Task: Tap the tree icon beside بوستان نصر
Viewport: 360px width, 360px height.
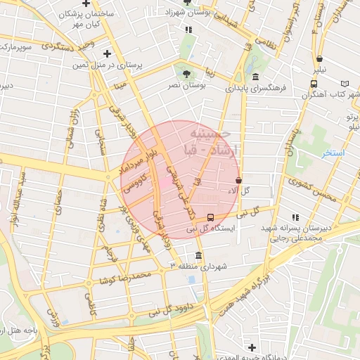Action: pyautogui.click(x=186, y=73)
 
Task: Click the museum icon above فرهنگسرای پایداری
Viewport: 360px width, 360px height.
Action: pyautogui.click(x=255, y=77)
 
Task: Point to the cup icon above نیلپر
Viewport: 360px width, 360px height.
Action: pyautogui.click(x=319, y=60)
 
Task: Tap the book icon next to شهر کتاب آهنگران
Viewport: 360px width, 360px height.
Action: pyautogui.click(x=345, y=84)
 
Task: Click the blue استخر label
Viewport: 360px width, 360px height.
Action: pyautogui.click(x=333, y=153)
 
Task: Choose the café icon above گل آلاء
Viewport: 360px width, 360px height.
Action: pyautogui.click(x=239, y=180)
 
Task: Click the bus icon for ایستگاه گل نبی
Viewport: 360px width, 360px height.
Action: pyautogui.click(x=211, y=217)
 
